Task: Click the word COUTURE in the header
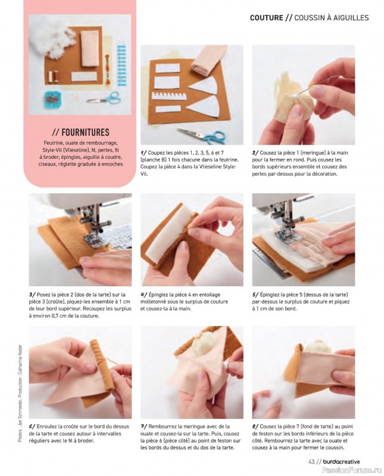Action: [267, 18]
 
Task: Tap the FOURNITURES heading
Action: [80, 132]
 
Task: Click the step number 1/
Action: [143, 153]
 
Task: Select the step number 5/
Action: [255, 295]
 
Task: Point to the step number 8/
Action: [255, 427]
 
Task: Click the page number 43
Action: [311, 462]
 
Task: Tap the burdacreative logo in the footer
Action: [342, 462]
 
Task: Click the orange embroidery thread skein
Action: [107, 69]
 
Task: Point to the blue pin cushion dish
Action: [52, 99]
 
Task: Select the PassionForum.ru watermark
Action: [352, 470]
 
